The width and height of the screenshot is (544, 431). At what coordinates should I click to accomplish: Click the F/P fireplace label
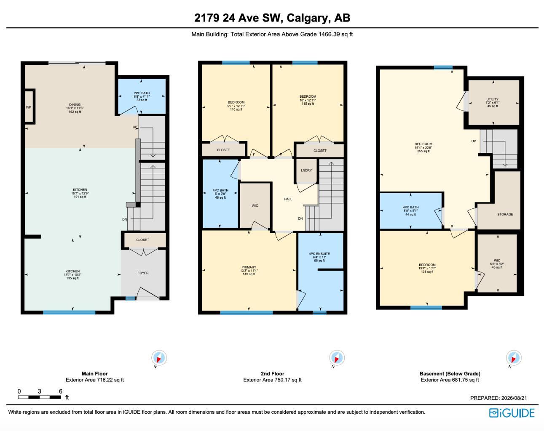(x=29, y=107)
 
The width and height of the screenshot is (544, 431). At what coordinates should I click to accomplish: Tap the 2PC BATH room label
(x=142, y=93)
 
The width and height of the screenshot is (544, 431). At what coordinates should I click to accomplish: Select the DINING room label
(x=75, y=104)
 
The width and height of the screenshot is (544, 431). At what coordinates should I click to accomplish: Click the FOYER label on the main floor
(x=143, y=273)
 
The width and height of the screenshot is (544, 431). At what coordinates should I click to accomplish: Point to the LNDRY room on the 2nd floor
(x=306, y=170)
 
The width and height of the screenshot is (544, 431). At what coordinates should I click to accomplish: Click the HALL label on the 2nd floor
(x=288, y=199)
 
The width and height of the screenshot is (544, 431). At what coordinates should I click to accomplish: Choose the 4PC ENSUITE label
(x=319, y=253)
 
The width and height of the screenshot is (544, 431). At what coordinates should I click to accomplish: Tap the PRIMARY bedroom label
(x=249, y=267)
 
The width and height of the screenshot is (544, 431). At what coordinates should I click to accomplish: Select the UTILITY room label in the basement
(x=493, y=99)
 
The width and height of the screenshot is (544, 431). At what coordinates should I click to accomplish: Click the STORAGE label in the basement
(x=505, y=214)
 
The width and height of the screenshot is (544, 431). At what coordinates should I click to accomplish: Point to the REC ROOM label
(x=423, y=144)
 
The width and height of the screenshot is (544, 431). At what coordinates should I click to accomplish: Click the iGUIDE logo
(x=512, y=413)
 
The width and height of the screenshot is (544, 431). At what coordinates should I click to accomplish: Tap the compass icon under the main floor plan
(x=159, y=358)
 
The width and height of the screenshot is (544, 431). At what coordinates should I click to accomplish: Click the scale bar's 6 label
(x=61, y=391)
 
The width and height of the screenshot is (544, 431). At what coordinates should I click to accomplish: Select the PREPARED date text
(x=498, y=398)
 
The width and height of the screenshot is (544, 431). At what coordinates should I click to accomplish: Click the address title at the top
(x=272, y=18)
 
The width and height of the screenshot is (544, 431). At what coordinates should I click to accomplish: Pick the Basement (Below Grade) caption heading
(x=450, y=374)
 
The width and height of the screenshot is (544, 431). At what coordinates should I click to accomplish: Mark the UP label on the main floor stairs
(x=135, y=127)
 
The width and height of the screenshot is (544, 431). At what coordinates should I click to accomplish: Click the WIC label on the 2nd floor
(x=255, y=205)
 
